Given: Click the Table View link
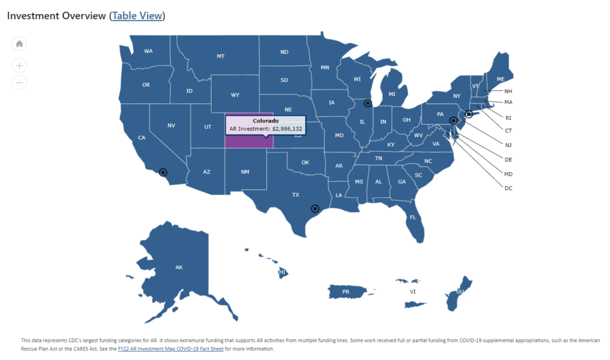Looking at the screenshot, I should pos(137,15).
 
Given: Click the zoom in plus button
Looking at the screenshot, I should pos(20,65).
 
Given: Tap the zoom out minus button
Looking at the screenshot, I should pos(20,82).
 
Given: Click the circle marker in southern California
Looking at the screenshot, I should pos(163,172).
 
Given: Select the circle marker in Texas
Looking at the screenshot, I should pos(315,208).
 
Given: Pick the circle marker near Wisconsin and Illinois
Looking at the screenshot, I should pos(367,103).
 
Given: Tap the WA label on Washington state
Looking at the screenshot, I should pos(148,51).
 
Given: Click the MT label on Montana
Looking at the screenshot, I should pos(220,57).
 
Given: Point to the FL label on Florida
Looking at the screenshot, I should pos(413,217).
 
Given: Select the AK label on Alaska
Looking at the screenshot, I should pos(179,267).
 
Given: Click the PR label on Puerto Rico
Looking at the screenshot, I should pos(346,292).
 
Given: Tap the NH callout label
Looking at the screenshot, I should pos(508,91).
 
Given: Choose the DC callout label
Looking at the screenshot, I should pos(508,188).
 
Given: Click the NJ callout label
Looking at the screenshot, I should pos(508,145).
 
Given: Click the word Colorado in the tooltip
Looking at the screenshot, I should pos(266,121).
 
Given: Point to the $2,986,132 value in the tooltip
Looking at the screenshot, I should pos(287,129).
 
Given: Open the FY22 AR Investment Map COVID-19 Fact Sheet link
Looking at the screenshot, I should pos(170,349).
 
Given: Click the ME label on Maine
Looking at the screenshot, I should pos(501,79).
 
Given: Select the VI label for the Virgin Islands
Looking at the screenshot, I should pos(413,292).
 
